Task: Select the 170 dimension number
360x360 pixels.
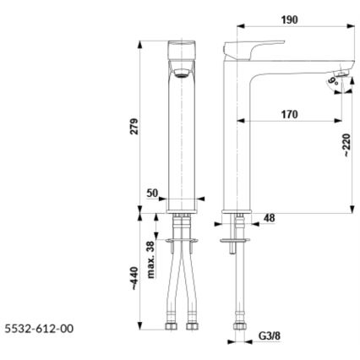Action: pos(288,113)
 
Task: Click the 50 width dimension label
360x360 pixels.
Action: pos(153,193)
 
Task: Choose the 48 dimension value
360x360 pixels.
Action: pos(269,218)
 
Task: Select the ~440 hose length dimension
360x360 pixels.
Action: pos(133,280)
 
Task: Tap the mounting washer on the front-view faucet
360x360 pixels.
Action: pos(183,243)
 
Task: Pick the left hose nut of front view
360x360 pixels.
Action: pos(173,324)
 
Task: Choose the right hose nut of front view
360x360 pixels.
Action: pos(194,324)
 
